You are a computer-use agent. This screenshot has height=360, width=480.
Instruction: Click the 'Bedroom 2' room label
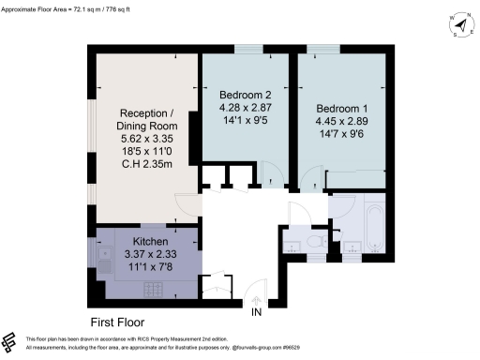point(245,95)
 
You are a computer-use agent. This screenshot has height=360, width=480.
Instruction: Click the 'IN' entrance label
point(256,312)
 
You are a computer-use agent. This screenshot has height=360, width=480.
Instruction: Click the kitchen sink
point(101,252)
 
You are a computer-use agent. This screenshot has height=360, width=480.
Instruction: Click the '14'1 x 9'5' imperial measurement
point(245,120)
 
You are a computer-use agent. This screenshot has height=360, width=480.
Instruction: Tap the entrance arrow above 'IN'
point(256,299)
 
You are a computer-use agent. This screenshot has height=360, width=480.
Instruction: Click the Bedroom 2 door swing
point(271,173)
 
